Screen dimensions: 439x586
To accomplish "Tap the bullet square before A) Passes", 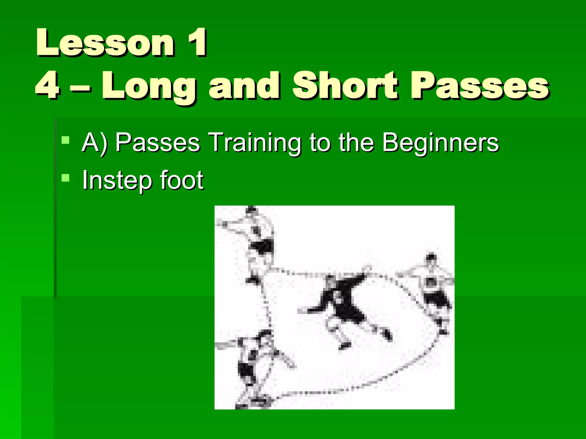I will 66,140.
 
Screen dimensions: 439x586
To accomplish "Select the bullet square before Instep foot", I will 66,178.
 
